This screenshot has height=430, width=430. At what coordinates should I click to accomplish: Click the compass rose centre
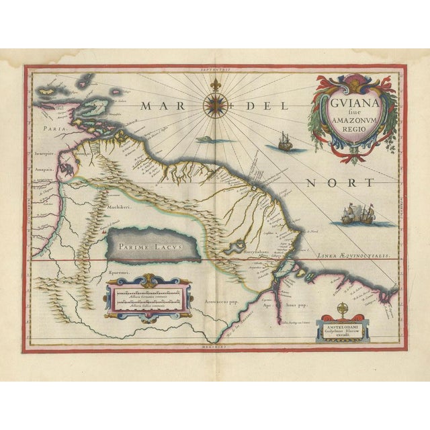[x=215, y=105]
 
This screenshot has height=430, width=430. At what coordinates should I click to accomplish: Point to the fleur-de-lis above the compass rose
[x=215, y=85]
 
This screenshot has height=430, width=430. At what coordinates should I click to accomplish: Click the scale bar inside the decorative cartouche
[x=148, y=296]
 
